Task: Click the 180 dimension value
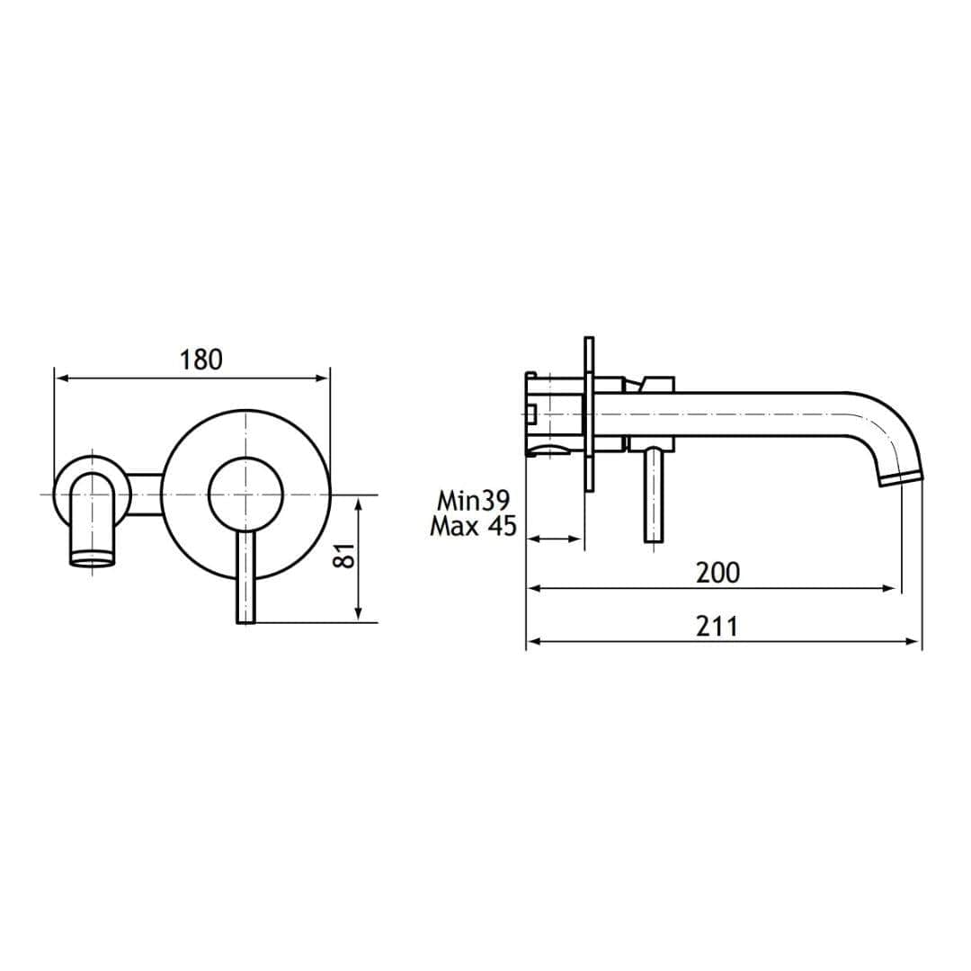[200, 360]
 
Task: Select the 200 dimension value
[717, 572]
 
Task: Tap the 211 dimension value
[717, 626]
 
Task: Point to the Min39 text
[473, 500]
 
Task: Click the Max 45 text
[473, 526]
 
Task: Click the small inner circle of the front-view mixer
[245, 494]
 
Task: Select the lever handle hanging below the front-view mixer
[246, 575]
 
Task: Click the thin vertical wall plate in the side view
[589, 414]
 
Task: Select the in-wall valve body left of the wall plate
[553, 414]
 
